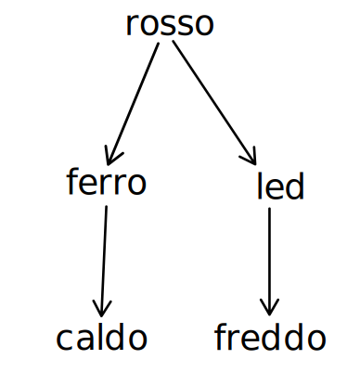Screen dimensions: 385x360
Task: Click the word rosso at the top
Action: pos(169,25)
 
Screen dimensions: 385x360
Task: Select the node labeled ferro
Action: pos(107,183)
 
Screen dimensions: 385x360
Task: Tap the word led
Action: pos(280,187)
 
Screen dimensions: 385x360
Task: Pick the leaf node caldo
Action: pos(101,339)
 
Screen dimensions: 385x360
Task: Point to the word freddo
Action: pos(270,339)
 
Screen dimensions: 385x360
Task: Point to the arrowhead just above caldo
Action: pos(102,309)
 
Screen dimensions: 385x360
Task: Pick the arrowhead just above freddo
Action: pos(270,309)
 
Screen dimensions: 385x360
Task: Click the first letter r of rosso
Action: pos(132,26)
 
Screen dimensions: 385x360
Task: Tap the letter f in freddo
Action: pos(220,338)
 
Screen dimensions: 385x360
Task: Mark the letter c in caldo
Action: pos(63,340)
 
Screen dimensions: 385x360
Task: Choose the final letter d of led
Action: pos(295,187)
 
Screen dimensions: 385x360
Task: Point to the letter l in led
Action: pos(260,186)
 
